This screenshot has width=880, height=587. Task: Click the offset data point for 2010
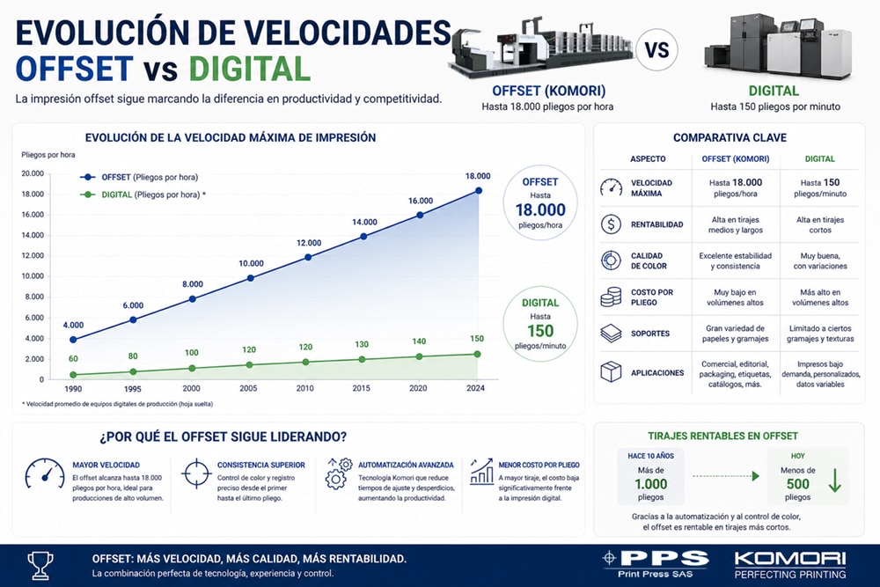[x=307, y=257]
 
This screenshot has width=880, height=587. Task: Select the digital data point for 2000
[x=192, y=368]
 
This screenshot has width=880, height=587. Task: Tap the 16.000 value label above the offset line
[x=421, y=201]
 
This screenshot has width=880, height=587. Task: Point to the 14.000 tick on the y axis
[x=33, y=235]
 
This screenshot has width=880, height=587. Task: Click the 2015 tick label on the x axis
[x=361, y=388]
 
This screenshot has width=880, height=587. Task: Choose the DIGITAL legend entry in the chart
[x=143, y=194]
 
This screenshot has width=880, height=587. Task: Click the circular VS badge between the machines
[x=656, y=50]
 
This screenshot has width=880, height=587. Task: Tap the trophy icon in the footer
[x=40, y=565]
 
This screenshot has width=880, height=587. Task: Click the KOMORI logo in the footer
[x=789, y=564]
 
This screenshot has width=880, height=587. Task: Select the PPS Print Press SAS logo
[x=655, y=564]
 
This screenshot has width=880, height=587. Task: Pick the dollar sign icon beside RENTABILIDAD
[x=611, y=224]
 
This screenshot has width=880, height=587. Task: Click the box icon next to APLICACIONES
[x=611, y=371]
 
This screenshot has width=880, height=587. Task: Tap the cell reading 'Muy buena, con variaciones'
[x=820, y=261]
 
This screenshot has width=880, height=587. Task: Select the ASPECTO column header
[x=648, y=158]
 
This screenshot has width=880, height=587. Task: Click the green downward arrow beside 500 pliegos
[x=834, y=481]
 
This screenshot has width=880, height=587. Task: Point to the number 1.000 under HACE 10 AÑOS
[x=651, y=484]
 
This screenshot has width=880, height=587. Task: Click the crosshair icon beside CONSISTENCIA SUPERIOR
[x=196, y=473]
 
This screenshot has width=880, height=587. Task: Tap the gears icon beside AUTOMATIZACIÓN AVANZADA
[x=339, y=473]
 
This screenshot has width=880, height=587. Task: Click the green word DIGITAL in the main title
[x=250, y=69]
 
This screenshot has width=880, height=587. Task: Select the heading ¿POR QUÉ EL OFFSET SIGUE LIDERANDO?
[x=223, y=437]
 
